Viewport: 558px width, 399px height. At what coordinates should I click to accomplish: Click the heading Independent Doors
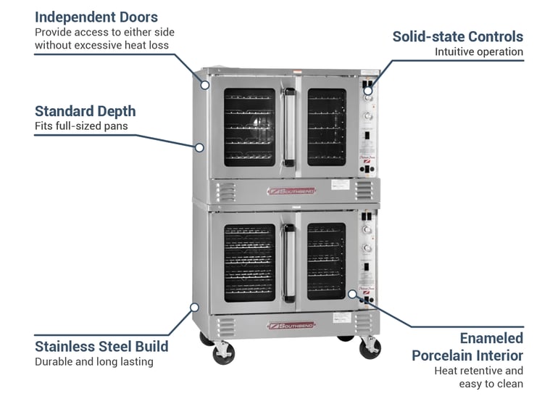tap(96, 17)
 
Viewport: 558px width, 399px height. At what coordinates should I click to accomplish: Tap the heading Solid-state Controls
tap(457, 36)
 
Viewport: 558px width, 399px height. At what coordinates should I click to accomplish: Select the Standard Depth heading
tap(85, 111)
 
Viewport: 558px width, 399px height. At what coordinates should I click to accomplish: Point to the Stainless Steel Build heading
tap(101, 346)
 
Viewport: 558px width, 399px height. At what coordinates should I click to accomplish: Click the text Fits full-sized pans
tap(80, 126)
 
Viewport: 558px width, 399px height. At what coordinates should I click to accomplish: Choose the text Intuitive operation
tap(478, 52)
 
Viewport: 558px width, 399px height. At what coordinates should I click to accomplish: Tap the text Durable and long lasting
tap(93, 361)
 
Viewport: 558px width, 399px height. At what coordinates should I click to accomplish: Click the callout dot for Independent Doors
tap(205, 85)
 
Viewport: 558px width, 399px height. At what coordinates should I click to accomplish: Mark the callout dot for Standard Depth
tap(198, 147)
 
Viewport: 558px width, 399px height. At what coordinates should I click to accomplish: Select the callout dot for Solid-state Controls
tap(368, 91)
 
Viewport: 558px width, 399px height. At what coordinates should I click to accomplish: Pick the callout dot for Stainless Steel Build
tap(194, 307)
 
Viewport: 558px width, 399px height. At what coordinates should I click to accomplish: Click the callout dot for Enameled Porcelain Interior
tap(351, 295)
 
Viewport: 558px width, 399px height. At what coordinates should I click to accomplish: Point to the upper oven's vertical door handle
tap(289, 125)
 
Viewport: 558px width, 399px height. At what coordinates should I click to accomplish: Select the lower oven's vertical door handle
tap(289, 262)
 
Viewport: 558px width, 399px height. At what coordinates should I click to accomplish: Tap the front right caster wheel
tap(370, 349)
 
